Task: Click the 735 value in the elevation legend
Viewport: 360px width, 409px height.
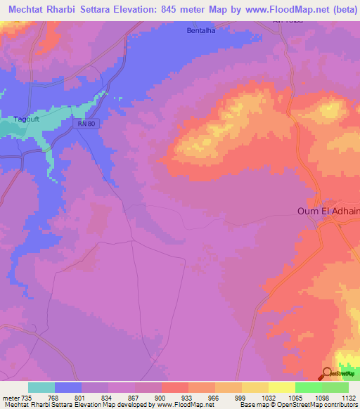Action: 28,397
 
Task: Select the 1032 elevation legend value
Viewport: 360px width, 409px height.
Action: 268,397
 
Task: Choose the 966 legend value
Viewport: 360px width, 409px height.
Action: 214,397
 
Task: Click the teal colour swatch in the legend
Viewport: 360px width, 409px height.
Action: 41,387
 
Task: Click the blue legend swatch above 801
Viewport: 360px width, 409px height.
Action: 68,387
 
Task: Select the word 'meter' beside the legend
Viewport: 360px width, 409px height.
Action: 11,397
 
